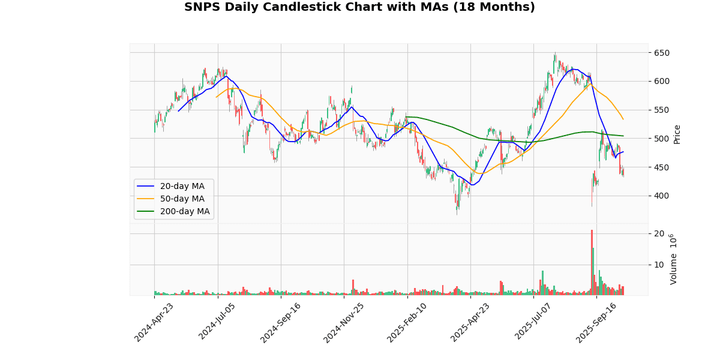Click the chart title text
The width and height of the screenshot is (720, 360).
(x=359, y=7)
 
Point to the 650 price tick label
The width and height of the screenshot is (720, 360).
(x=661, y=53)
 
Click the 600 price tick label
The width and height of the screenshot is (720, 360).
(x=661, y=82)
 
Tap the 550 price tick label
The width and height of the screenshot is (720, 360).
(x=661, y=110)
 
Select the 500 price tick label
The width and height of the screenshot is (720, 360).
(x=661, y=139)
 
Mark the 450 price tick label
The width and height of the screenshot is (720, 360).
(x=661, y=167)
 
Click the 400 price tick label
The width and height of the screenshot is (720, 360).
(x=661, y=196)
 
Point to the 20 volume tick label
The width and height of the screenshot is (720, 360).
(x=658, y=233)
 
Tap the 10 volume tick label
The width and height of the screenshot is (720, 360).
(x=658, y=265)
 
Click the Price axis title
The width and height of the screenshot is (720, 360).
(x=677, y=134)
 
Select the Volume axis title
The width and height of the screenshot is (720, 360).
(x=674, y=259)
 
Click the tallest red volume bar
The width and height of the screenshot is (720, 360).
(x=592, y=262)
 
